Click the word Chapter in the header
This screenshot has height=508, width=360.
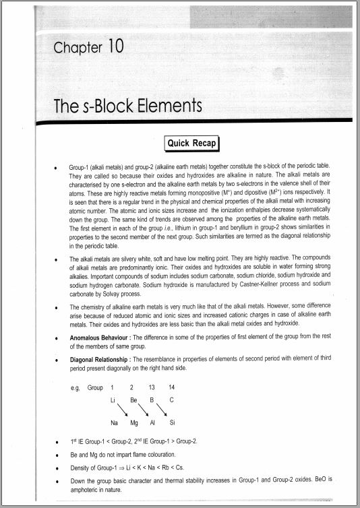(74, 49)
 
